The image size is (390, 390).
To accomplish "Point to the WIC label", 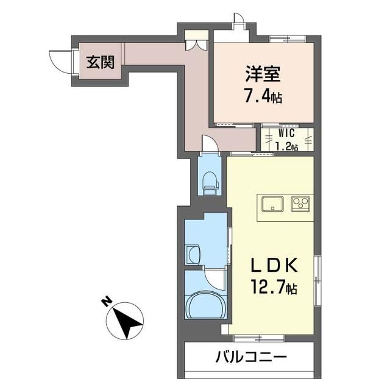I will (287, 133).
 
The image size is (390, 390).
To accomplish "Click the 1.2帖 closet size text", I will (287, 146).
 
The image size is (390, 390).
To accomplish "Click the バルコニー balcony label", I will (250, 356).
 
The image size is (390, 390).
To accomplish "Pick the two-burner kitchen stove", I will (301, 203).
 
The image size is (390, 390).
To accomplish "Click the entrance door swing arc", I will (60, 61).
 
